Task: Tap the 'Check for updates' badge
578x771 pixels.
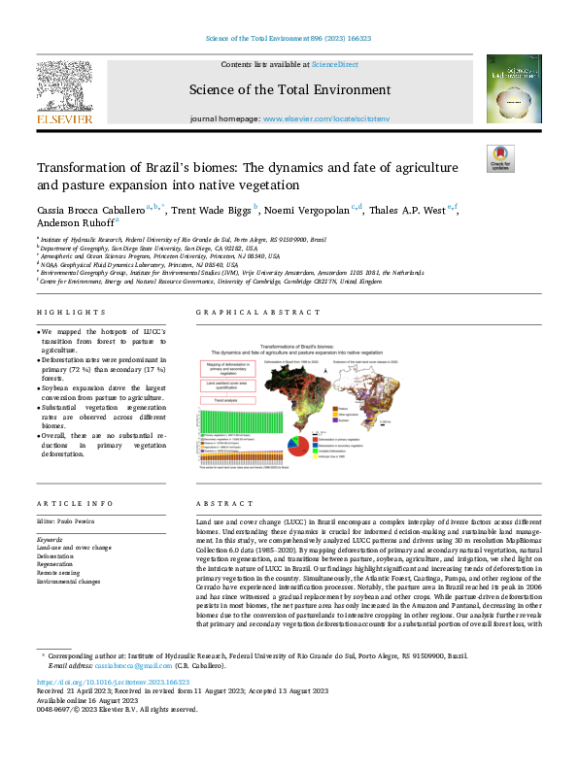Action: point(499,158)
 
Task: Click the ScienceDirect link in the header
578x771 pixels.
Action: point(333,63)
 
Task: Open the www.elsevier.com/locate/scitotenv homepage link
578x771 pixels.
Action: point(325,117)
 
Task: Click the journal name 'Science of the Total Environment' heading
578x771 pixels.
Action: point(289,89)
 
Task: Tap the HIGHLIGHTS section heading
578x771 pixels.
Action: point(71,313)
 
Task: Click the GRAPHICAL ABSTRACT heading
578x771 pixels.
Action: point(257,313)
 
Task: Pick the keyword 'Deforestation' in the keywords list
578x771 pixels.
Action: point(59,555)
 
